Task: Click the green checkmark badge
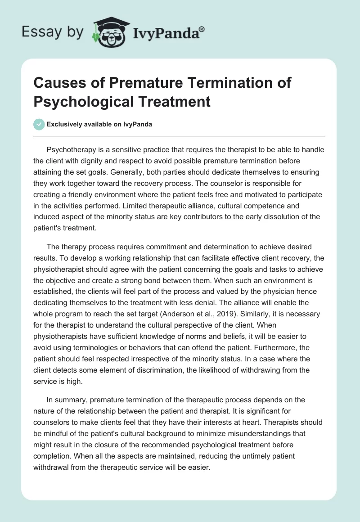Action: pyautogui.click(x=39, y=124)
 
